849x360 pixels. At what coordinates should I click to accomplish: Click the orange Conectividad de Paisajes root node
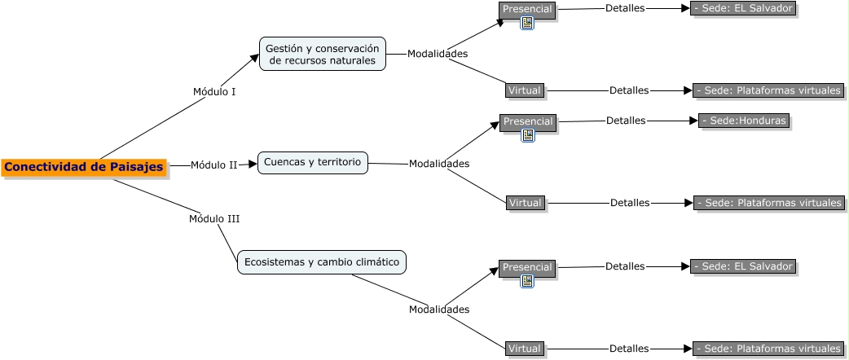point(84,167)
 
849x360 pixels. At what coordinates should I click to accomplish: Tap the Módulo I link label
point(214,91)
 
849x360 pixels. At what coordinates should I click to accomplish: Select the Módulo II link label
point(213,165)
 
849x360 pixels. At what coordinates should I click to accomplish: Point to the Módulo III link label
point(214,218)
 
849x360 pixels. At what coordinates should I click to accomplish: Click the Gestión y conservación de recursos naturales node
point(323,54)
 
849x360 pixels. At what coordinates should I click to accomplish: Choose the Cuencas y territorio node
point(312,162)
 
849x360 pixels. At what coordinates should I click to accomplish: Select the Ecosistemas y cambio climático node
point(322,262)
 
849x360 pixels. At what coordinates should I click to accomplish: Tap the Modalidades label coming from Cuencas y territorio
point(438,164)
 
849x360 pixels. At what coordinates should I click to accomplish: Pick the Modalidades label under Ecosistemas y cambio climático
point(438,310)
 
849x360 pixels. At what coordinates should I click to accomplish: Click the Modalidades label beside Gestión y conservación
point(438,54)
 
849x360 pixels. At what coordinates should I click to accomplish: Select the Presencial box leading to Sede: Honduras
point(527,121)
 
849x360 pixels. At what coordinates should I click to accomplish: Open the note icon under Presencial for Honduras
point(527,135)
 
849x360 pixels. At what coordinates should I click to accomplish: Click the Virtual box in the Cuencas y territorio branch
point(525,202)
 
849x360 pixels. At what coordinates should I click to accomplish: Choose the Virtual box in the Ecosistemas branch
point(524,349)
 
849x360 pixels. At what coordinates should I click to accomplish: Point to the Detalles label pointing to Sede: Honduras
point(626,121)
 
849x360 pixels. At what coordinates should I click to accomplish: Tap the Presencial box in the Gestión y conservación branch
point(527,9)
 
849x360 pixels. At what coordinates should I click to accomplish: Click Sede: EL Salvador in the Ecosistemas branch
point(742,266)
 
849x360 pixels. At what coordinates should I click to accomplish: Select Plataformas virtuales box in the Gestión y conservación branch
point(768,90)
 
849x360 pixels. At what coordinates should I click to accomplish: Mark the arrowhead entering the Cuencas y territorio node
point(253,164)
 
